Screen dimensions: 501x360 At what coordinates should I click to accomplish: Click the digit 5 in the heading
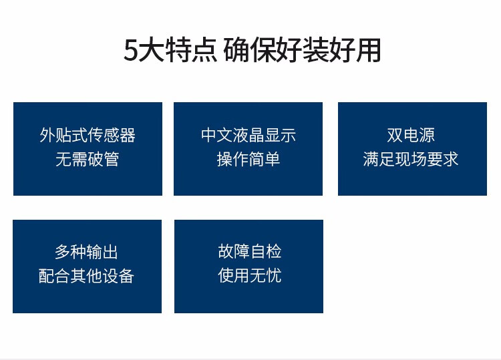(x=131, y=50)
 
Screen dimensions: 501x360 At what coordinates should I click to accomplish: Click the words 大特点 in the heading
(x=178, y=49)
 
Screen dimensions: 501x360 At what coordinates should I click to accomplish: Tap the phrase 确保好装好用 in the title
(x=302, y=49)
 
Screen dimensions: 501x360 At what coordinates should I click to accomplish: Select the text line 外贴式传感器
(x=88, y=135)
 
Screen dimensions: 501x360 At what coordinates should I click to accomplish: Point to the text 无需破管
(x=88, y=159)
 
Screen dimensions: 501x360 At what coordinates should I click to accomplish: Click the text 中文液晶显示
(x=248, y=135)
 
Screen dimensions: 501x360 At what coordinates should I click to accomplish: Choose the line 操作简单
(x=248, y=159)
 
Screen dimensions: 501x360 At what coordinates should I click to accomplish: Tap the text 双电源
(x=411, y=135)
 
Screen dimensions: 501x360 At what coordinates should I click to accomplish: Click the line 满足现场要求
(x=411, y=159)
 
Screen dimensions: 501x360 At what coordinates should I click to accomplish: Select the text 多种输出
(x=86, y=252)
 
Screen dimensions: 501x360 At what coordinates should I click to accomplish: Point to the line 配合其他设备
(x=86, y=276)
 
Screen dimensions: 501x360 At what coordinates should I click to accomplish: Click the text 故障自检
(x=250, y=251)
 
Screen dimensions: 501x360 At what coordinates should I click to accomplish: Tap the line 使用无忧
(x=250, y=275)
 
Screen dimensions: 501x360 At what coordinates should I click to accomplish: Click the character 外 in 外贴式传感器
(x=47, y=135)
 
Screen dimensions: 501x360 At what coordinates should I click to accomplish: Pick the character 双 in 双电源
(x=395, y=135)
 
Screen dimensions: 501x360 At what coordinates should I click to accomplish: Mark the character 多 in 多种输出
(x=62, y=252)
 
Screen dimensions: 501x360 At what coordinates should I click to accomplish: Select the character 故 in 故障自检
(x=226, y=251)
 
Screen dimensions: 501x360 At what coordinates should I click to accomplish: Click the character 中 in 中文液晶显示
(x=208, y=135)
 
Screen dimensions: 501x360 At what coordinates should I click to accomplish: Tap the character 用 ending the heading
(x=368, y=49)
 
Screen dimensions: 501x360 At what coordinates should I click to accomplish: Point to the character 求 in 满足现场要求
(x=451, y=159)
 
